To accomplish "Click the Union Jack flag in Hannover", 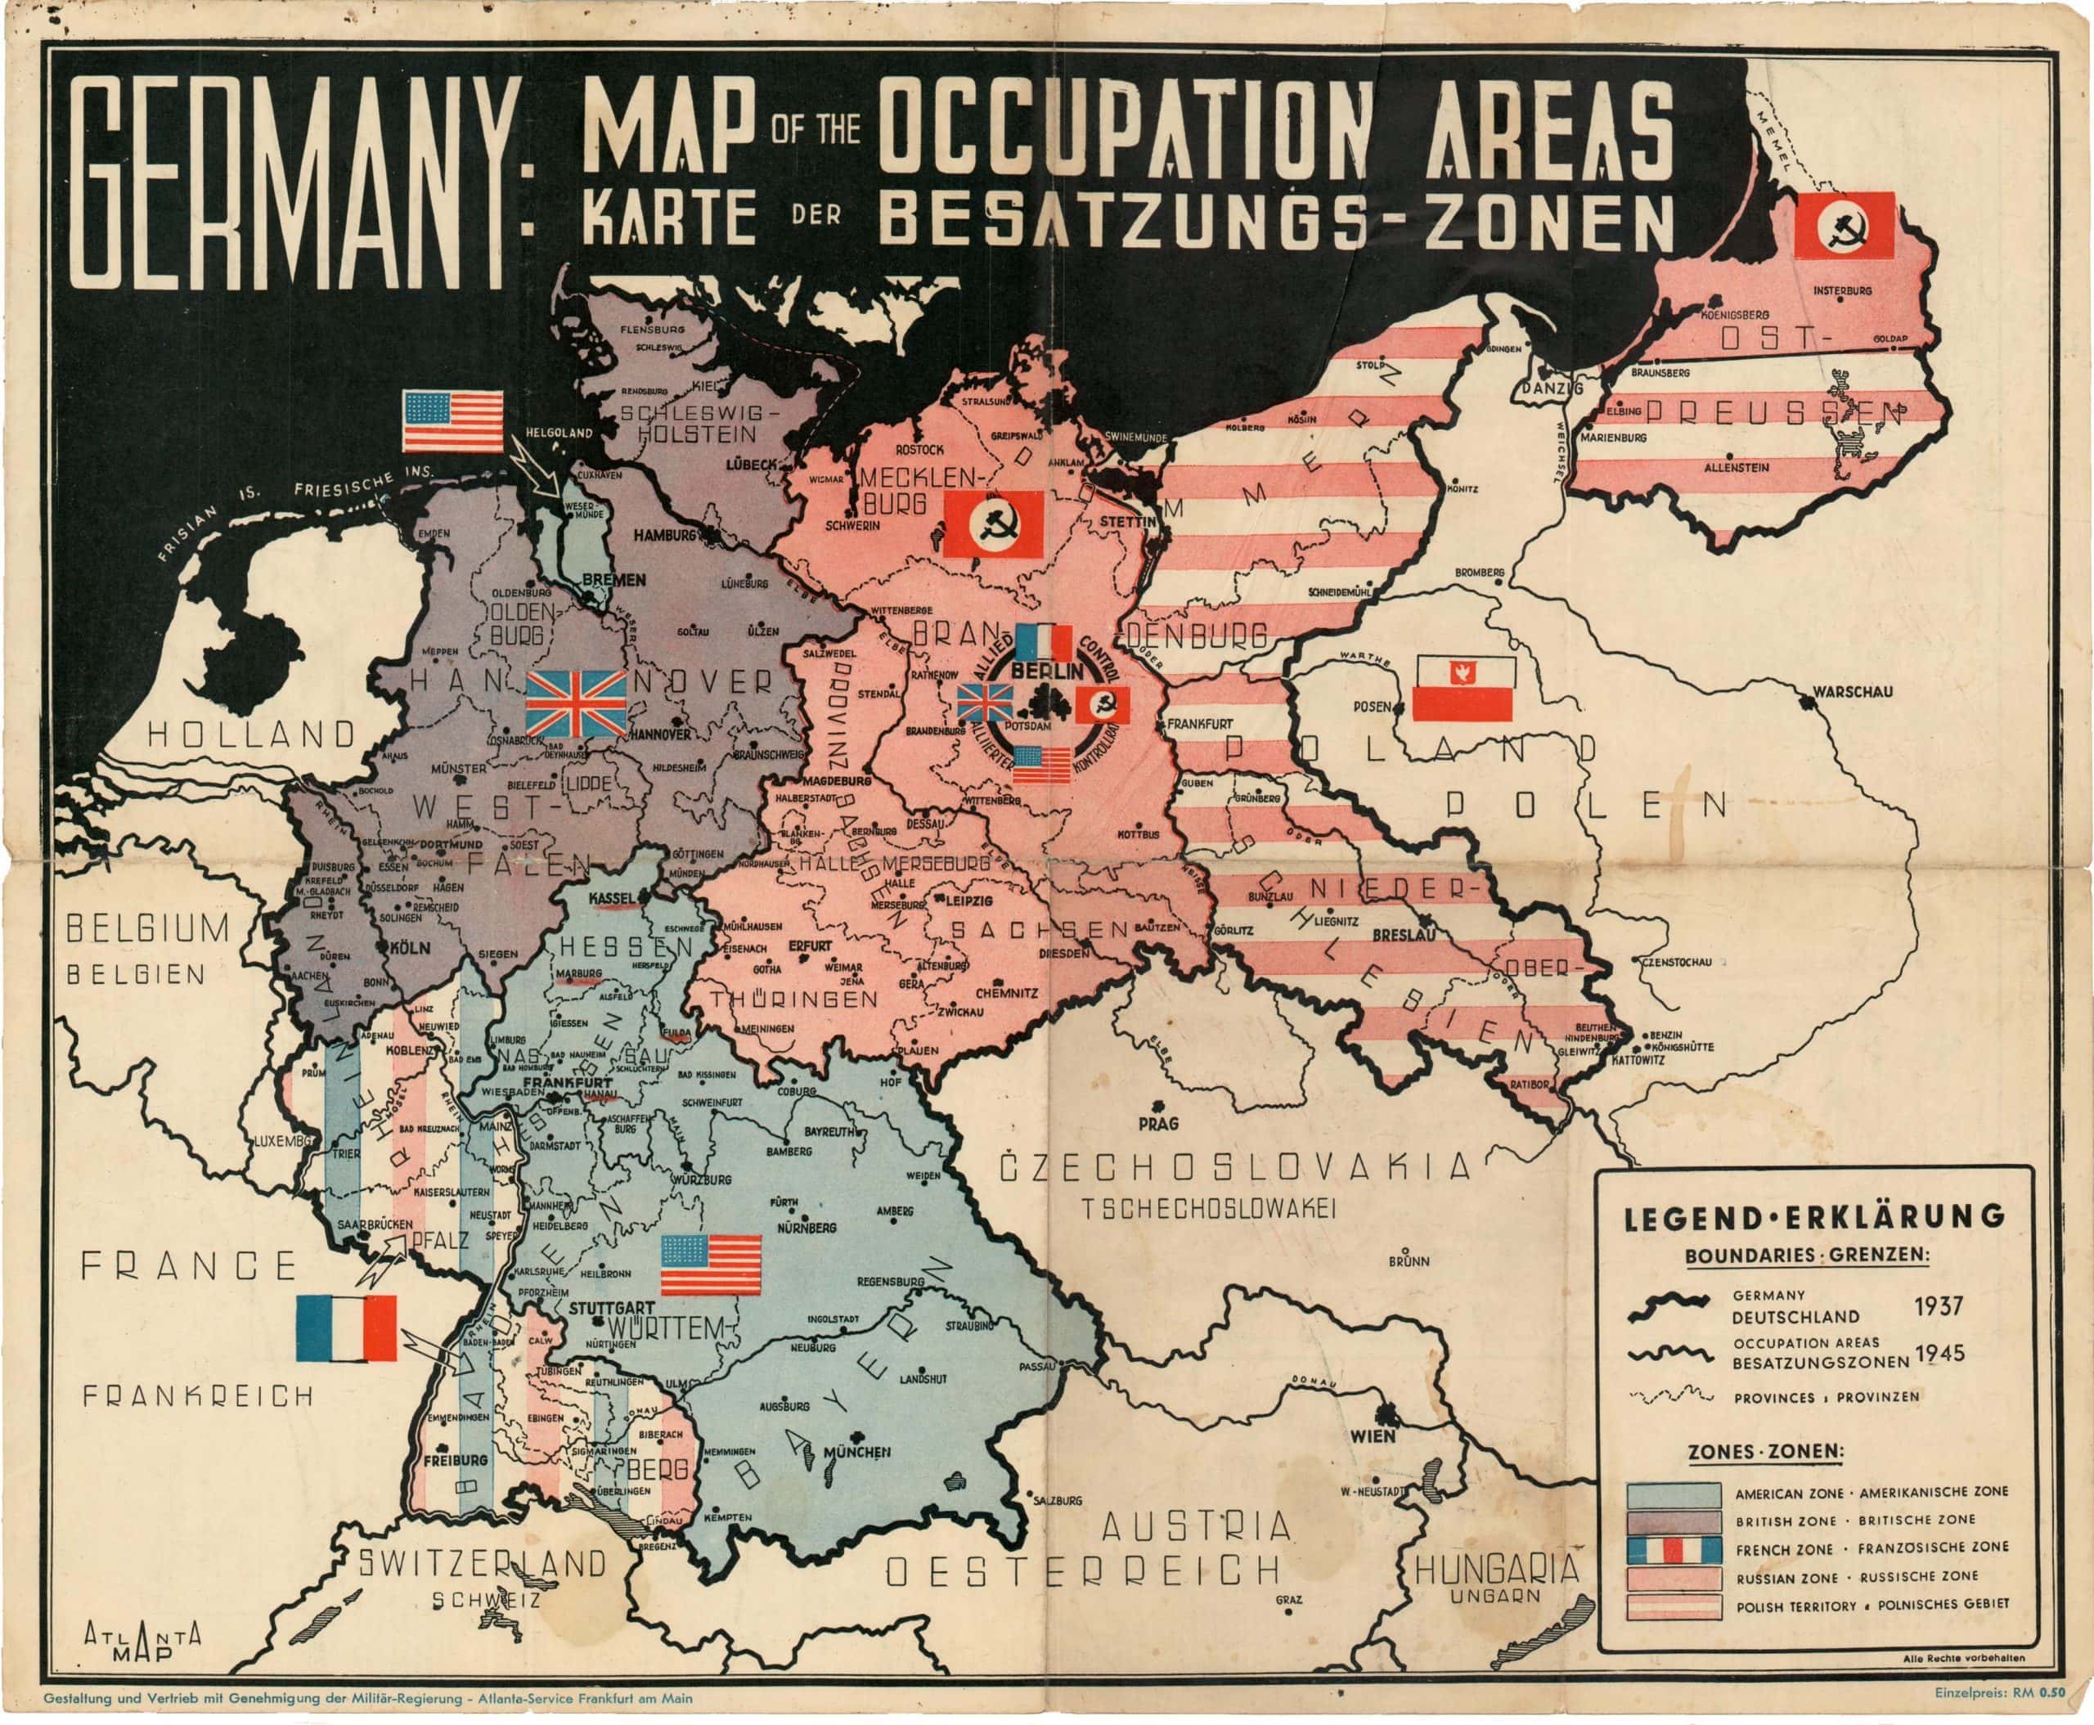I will tap(575, 703).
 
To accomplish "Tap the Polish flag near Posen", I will tap(1462, 688).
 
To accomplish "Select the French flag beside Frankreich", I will tap(346, 1328).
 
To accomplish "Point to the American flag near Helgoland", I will tap(452, 420).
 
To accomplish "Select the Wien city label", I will tap(1373, 1435).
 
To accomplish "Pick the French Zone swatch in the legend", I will tap(1674, 1550).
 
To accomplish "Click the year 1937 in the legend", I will tap(1938, 1305).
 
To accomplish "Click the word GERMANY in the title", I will tap(288, 184).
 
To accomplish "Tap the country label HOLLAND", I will tap(251, 734).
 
